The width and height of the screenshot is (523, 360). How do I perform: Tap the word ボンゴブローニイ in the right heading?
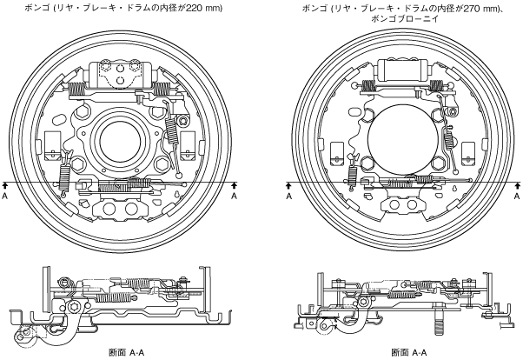[x=406, y=19]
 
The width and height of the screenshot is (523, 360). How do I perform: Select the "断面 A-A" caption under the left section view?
[x=127, y=352]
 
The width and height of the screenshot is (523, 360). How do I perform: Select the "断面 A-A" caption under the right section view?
[x=409, y=352]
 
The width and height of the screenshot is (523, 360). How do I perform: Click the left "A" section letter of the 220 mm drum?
[x=4, y=196]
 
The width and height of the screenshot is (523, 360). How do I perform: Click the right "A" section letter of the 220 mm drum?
[x=235, y=196]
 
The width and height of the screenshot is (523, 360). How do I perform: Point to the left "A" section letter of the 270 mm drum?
[x=288, y=196]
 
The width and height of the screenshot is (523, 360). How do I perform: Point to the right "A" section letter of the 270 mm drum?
[x=517, y=196]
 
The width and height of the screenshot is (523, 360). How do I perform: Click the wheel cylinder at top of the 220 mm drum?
[x=121, y=75]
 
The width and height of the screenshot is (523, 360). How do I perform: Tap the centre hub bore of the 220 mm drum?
[x=120, y=141]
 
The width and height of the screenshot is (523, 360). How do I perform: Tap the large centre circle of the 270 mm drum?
[x=402, y=139]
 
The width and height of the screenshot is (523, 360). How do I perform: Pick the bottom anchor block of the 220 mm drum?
[x=120, y=209]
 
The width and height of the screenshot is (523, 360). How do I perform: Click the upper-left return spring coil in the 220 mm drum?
[x=76, y=89]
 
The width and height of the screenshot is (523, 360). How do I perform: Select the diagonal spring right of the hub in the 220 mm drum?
[x=171, y=131]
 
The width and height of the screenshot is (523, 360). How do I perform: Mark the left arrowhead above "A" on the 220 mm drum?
[x=4, y=184]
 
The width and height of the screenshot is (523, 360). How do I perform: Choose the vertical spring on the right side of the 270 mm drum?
[x=448, y=139]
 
